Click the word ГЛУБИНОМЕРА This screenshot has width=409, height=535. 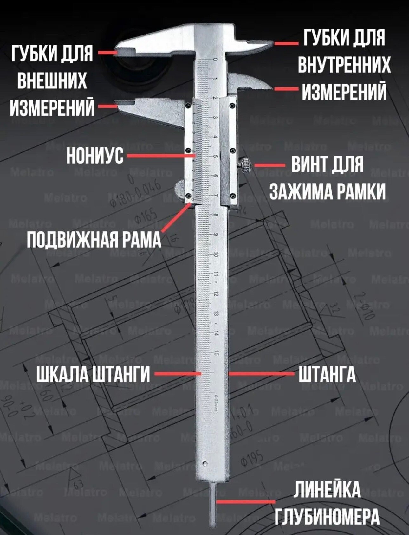327,516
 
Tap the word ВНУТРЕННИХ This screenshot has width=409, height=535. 344,65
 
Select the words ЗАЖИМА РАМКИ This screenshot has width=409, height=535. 327,191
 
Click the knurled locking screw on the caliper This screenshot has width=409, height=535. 246,165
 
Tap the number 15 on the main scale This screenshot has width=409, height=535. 217,353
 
